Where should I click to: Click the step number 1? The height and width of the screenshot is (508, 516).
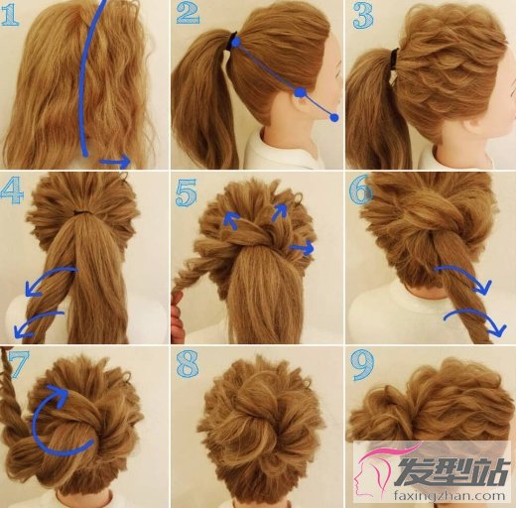pos(10,15)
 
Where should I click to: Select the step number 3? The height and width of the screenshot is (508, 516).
pos(363,16)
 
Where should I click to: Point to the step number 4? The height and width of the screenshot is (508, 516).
pos(12,190)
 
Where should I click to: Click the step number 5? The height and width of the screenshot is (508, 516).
pos(186,192)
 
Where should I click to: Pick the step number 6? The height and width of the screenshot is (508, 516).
pos(361,190)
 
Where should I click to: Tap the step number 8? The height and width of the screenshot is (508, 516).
pos(188,364)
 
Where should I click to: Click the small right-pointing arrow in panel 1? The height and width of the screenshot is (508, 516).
pos(115,161)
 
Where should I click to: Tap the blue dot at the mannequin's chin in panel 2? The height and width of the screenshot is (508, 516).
pos(334,117)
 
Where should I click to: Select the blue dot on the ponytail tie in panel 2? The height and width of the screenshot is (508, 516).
pos(236,42)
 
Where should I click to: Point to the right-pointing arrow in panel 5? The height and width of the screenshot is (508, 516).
pos(302,247)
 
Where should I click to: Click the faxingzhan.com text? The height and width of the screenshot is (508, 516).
pos(450,495)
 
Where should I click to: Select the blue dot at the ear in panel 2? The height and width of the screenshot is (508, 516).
pos(300,92)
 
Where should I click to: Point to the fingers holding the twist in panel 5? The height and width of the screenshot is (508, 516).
pos(178,317)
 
